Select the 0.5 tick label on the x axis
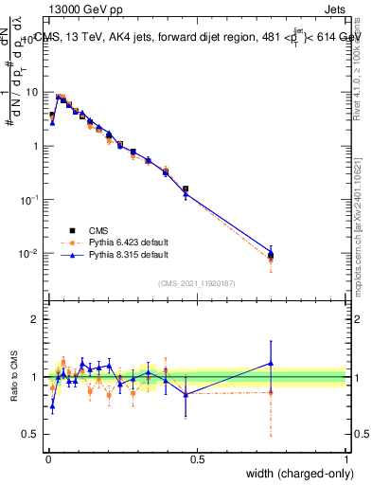pos(197,459)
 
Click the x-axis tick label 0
pos(47,459)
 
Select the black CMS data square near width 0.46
pos(185,189)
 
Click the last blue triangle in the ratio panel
pos(271,363)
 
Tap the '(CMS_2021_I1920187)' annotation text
pos(197,282)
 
